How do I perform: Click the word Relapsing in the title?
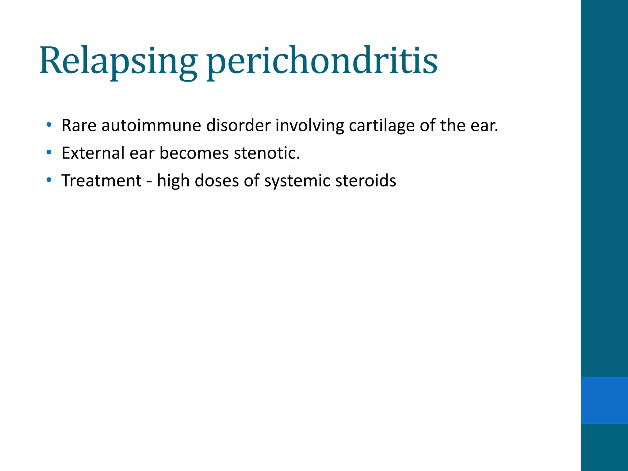tap(118, 61)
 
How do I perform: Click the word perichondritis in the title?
tap(322, 61)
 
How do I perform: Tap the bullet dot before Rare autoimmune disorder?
tap(49, 125)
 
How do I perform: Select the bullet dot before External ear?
tap(49, 152)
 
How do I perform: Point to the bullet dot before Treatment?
tap(49, 180)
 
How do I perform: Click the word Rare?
tap(79, 125)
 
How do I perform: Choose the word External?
tap(93, 153)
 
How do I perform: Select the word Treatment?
tap(101, 181)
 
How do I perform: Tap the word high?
tap(173, 181)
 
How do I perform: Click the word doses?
tap(216, 181)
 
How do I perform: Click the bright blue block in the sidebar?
tap(604, 400)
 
